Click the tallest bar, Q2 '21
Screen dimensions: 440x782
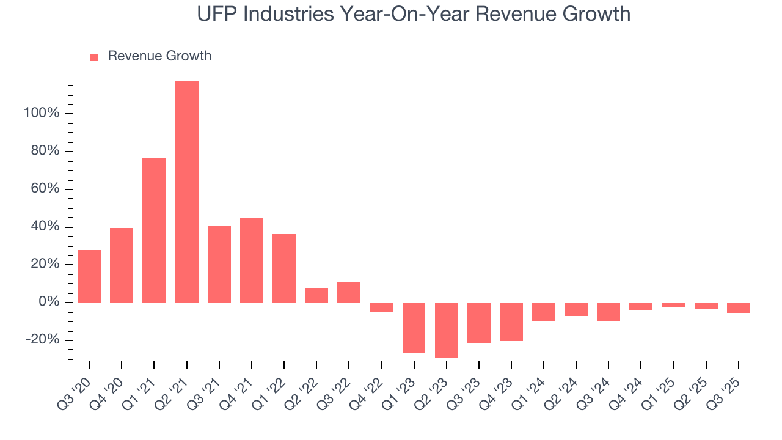tap(186, 192)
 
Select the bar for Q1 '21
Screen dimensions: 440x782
tap(154, 230)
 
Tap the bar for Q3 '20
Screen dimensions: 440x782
tap(89, 276)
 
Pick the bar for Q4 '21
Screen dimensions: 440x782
tap(252, 260)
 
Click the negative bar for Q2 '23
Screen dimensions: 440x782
tap(446, 330)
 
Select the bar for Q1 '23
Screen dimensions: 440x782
tap(414, 328)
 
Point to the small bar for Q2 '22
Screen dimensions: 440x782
tap(316, 295)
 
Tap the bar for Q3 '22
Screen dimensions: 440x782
tap(349, 292)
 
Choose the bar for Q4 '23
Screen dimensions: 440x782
tap(511, 321)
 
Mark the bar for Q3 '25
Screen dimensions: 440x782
tap(739, 307)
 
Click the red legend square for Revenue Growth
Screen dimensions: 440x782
tap(94, 57)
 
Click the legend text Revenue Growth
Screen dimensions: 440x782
tap(159, 56)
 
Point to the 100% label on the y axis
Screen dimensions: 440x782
tap(42, 114)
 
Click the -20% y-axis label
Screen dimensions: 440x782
tap(43, 340)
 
